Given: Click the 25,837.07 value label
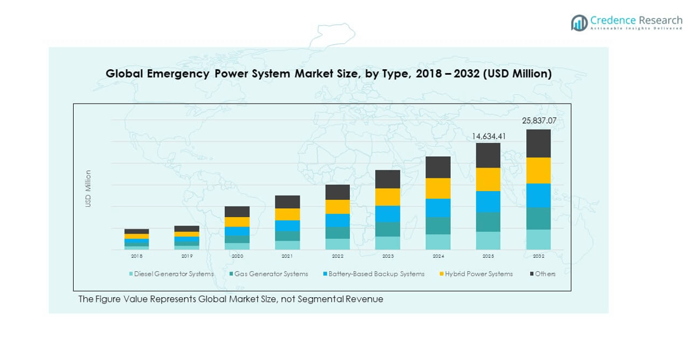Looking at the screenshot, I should [x=538, y=121].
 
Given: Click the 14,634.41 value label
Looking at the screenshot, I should [x=488, y=136].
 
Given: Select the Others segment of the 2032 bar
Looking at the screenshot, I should [x=538, y=143].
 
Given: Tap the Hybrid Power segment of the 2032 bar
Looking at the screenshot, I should [x=538, y=171].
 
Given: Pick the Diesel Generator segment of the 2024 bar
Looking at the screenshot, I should [x=438, y=242].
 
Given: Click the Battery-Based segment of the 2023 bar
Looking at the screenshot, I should [x=388, y=214].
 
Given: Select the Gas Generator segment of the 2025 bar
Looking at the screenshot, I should [x=488, y=222].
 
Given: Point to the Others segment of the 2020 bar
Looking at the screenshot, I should [x=237, y=211].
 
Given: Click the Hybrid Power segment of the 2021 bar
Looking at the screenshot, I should [x=288, y=215].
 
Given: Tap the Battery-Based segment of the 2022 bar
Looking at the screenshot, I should [x=338, y=220].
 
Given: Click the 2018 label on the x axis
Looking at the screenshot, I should [x=136, y=256].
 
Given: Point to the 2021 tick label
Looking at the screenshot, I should [x=288, y=256].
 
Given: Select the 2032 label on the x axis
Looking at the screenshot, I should [x=538, y=256].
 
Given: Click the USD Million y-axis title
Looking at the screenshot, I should [x=88, y=189].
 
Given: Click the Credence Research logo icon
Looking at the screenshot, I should [x=579, y=23].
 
